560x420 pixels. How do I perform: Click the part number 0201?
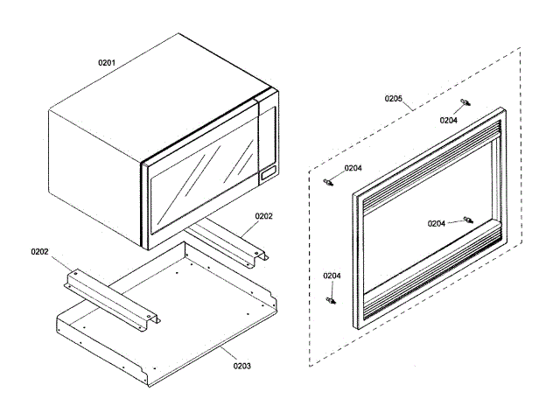107,63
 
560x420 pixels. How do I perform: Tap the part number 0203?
241,365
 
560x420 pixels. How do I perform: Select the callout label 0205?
394,99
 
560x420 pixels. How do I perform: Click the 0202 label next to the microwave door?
264,215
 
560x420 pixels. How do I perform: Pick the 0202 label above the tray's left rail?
39,251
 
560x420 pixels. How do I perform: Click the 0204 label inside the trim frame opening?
437,223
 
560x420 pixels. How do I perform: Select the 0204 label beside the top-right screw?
448,121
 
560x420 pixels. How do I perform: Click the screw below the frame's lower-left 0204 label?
332,300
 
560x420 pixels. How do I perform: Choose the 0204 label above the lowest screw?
332,276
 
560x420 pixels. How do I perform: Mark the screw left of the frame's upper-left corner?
328,182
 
